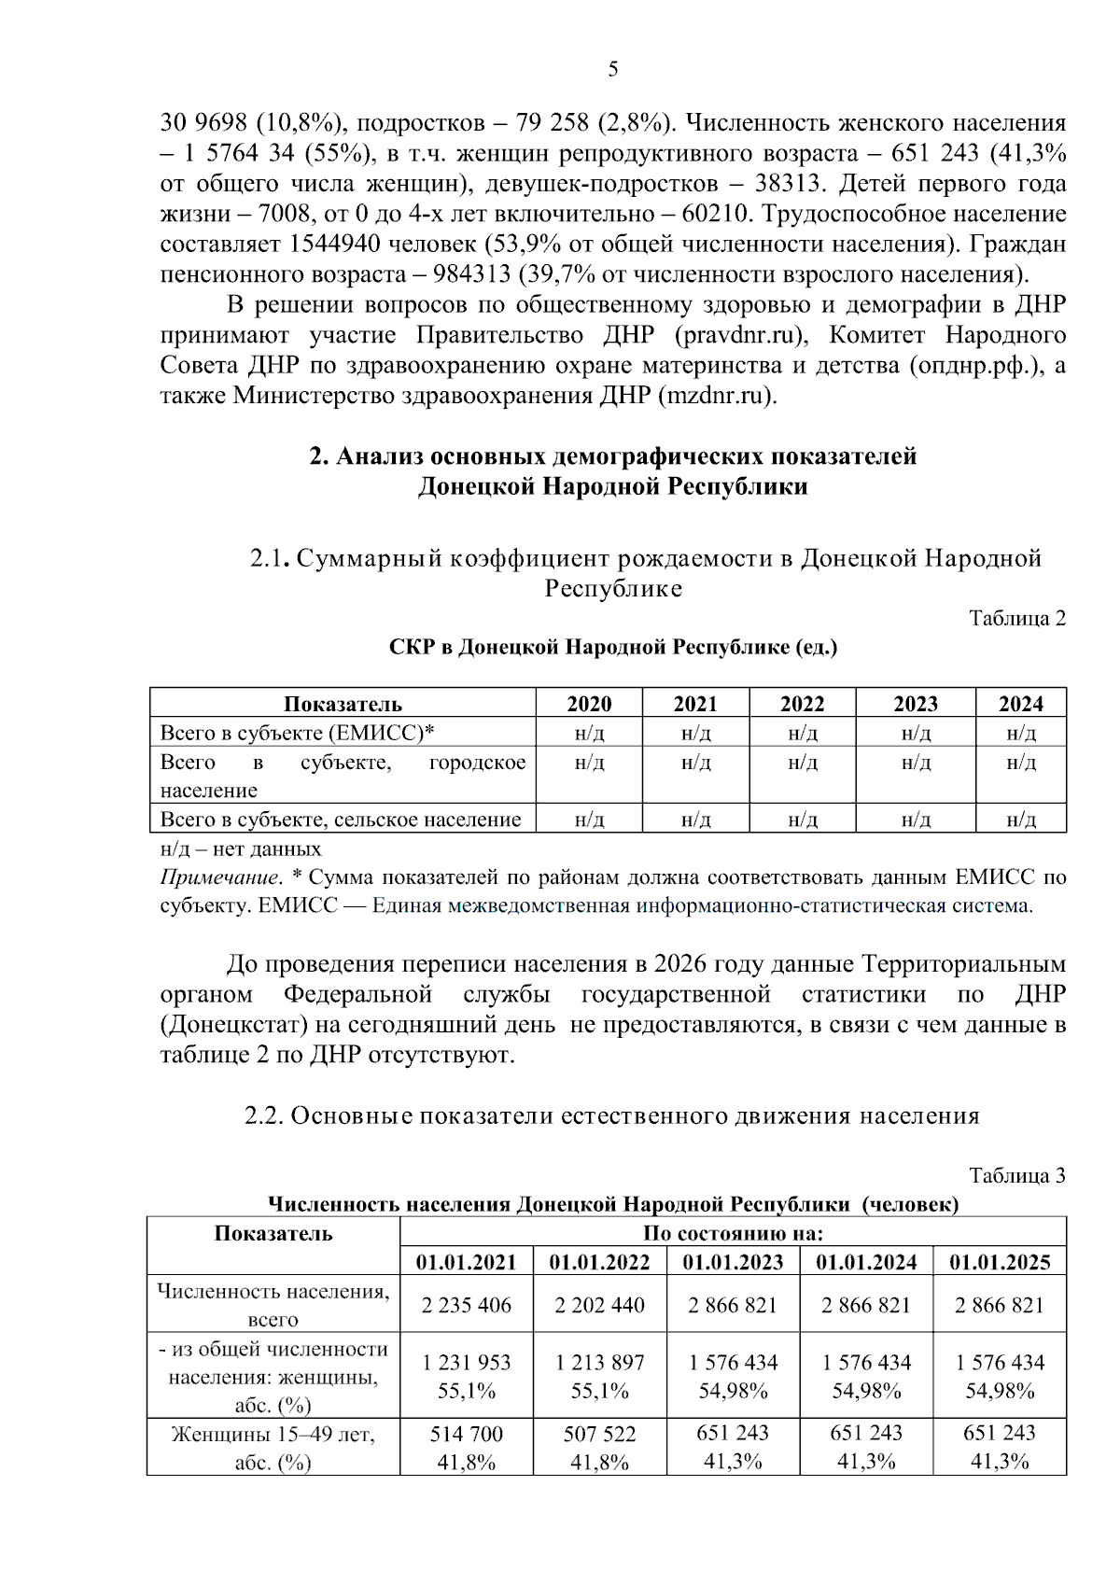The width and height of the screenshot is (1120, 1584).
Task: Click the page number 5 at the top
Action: (x=612, y=69)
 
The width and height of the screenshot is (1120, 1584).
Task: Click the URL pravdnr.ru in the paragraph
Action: (x=739, y=335)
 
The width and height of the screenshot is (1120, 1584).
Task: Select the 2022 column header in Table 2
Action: (x=802, y=704)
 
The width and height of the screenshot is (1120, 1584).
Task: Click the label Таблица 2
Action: (x=1016, y=618)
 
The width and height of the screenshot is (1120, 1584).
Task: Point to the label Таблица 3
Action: (x=1016, y=1175)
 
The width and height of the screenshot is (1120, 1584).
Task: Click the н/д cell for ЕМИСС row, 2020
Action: (x=589, y=733)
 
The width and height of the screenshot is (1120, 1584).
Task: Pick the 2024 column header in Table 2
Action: (x=1020, y=704)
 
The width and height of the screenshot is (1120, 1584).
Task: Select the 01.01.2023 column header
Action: (x=733, y=1262)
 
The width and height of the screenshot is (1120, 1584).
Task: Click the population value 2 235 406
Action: (x=466, y=1305)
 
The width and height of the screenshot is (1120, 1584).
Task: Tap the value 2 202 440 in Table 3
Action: (x=599, y=1305)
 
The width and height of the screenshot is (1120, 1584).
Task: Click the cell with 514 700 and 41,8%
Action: (x=466, y=1447)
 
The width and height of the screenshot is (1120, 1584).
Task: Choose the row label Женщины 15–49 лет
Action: (x=273, y=1435)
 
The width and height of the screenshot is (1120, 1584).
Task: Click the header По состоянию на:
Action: (x=733, y=1233)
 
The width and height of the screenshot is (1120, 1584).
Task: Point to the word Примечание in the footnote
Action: (x=220, y=877)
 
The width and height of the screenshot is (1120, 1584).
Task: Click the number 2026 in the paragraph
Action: (x=684, y=964)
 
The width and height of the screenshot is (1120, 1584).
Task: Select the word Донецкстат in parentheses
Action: (x=233, y=1025)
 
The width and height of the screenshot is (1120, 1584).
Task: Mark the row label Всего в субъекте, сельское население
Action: (x=341, y=820)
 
